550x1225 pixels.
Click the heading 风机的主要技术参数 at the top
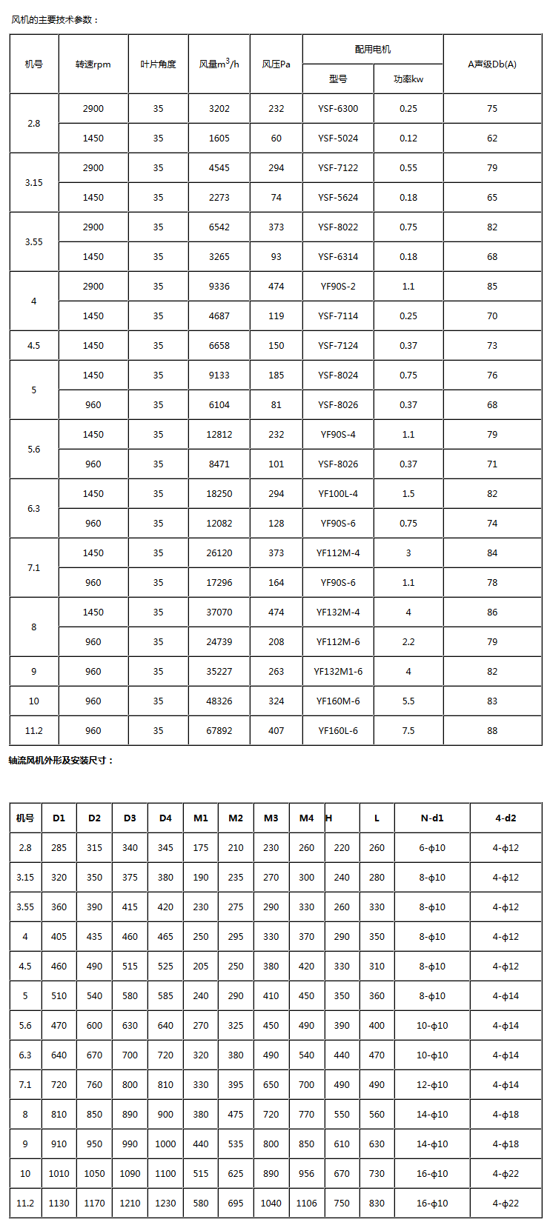[55, 20]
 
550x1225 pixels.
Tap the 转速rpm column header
[93, 64]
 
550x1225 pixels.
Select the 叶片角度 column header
[158, 64]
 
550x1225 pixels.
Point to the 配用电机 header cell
[373, 50]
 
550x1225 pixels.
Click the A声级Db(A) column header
[492, 64]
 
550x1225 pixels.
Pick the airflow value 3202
[219, 109]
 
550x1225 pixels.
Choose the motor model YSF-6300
[338, 109]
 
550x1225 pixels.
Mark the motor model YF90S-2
[338, 287]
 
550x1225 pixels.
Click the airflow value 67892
[219, 731]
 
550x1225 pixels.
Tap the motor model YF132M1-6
[338, 672]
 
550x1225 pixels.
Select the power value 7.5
[408, 731]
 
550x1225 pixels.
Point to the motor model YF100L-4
[338, 494]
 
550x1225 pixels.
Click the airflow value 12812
[219, 435]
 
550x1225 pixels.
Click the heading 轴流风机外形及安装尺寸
[61, 761]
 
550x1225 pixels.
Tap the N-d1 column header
[432, 818]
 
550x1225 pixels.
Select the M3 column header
[271, 818]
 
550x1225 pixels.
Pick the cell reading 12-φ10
[432, 1085]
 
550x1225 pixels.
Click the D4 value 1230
[165, 1204]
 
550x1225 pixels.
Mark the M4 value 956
[307, 1174]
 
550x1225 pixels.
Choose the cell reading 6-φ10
[432, 848]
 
